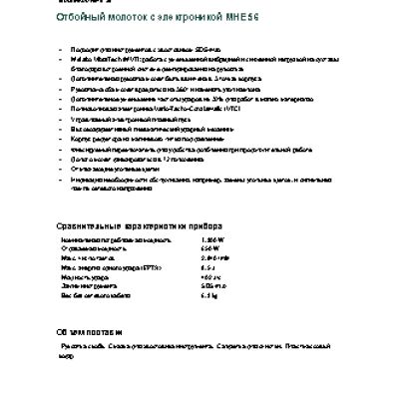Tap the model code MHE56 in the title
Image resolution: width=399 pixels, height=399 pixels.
pyautogui.click(x=251, y=19)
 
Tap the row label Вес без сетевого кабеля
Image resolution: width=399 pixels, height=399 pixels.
pyautogui.click(x=99, y=295)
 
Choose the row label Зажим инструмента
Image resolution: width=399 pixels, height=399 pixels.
pyautogui.click(x=90, y=286)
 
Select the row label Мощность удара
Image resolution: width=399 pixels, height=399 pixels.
pyautogui.click(x=86, y=277)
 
